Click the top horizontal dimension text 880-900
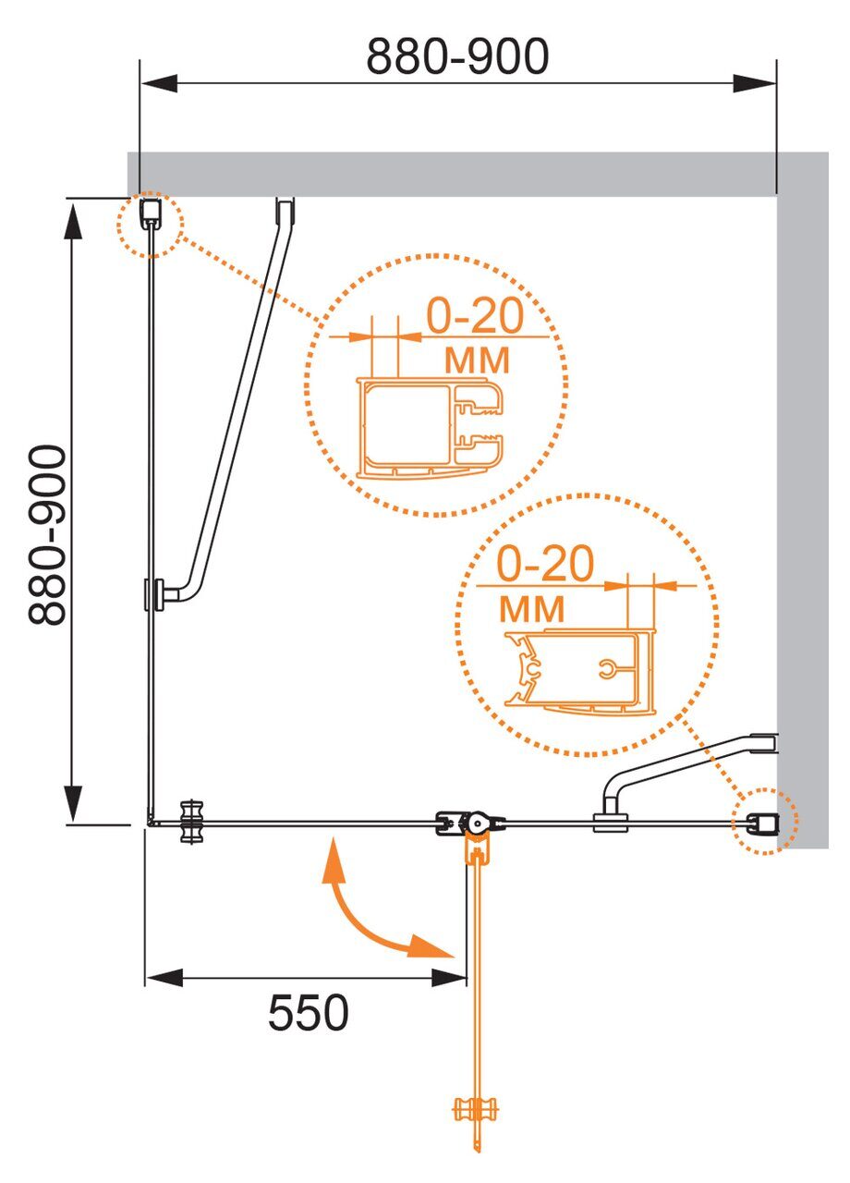(x=457, y=56)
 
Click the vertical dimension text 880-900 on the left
(x=47, y=535)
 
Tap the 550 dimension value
(x=309, y=1012)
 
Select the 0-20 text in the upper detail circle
(x=475, y=316)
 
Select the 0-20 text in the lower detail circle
(x=545, y=563)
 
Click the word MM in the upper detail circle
(x=477, y=360)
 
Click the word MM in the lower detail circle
(x=531, y=608)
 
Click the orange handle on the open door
(x=476, y=1109)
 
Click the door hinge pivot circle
(x=478, y=823)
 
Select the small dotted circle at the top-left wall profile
(x=151, y=224)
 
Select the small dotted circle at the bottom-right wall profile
(x=764, y=821)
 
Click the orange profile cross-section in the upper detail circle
(x=430, y=428)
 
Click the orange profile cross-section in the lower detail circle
(x=579, y=670)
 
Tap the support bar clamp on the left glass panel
(x=154, y=594)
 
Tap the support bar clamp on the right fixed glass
(x=611, y=822)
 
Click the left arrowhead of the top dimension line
(x=158, y=83)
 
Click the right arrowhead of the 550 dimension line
(x=449, y=978)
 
